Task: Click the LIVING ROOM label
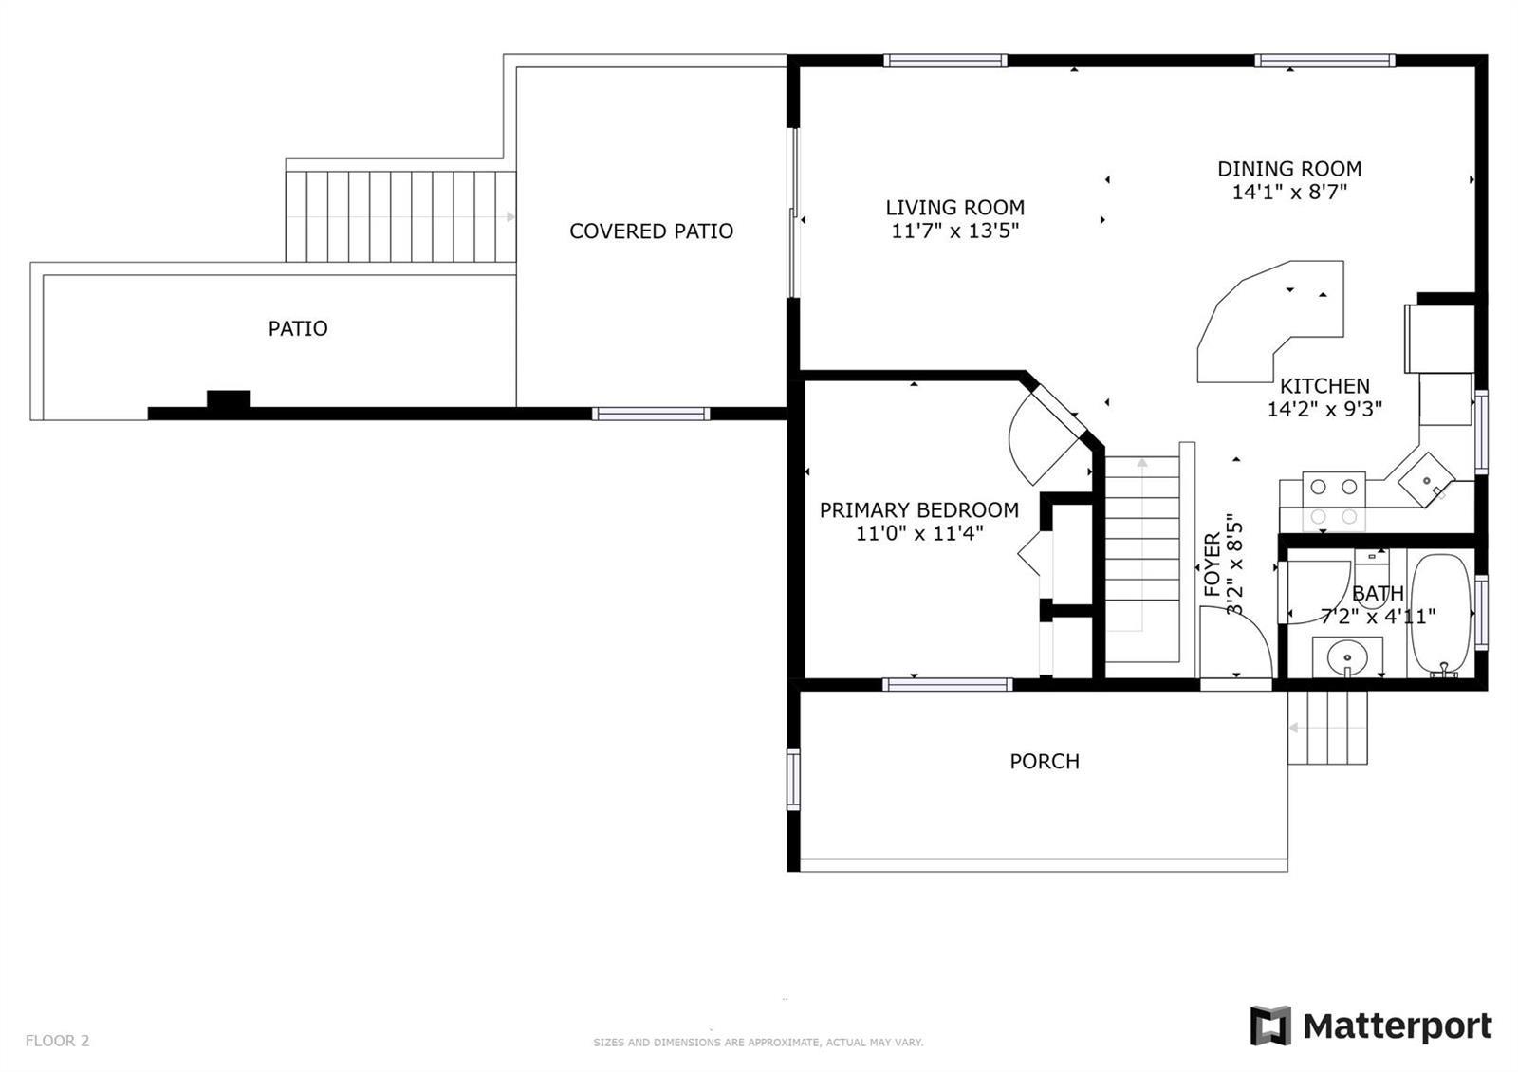tap(954, 208)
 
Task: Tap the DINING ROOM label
tap(1289, 169)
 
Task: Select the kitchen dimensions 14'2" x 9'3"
tap(1324, 409)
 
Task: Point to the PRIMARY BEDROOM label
tap(919, 510)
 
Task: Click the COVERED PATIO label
tap(651, 231)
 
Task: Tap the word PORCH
tap(1045, 762)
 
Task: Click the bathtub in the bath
tap(1441, 616)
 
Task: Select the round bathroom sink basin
tap(1346, 656)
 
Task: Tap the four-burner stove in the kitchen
tap(1333, 502)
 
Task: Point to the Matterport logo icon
tap(1270, 1026)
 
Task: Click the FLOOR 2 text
tap(57, 1041)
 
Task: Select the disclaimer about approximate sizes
tap(758, 1043)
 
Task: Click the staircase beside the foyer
tap(1143, 559)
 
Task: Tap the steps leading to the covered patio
tap(400, 217)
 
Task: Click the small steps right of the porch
tap(1327, 728)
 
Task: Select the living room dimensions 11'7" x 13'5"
tap(954, 231)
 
